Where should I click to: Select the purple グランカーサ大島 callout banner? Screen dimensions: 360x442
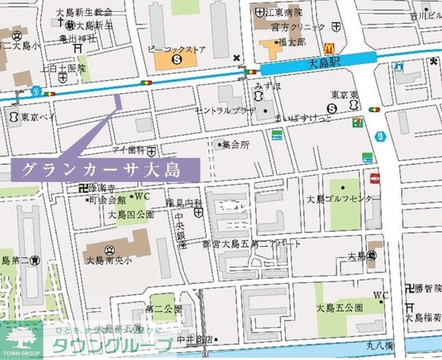point(105,170)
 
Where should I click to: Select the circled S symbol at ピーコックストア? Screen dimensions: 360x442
point(176,59)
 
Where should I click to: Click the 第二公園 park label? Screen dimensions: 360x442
point(164,308)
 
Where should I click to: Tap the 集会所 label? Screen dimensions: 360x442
point(236,144)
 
